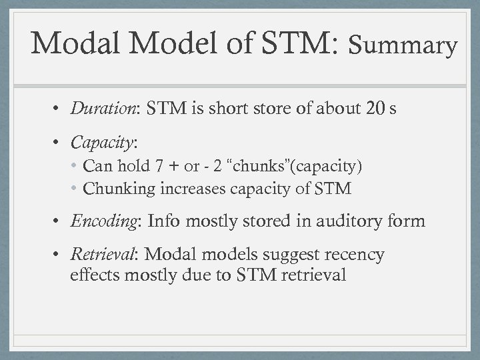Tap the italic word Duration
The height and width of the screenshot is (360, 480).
[x=99, y=109]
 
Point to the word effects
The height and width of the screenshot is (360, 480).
[x=93, y=275]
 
